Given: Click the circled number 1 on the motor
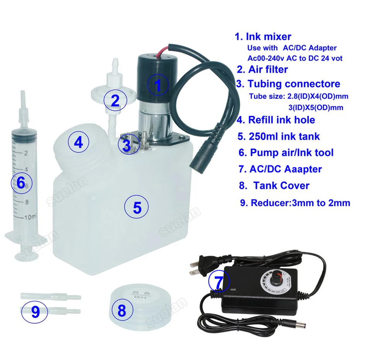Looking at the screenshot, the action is (x=158, y=85).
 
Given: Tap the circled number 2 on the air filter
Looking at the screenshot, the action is (x=115, y=101).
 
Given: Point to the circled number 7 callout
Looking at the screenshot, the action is (x=219, y=281).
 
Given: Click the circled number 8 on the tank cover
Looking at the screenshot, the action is (x=122, y=310).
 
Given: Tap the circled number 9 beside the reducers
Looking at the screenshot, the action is (x=35, y=312).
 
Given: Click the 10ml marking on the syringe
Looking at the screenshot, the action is (x=30, y=217).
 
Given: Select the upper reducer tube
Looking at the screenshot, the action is (x=51, y=296).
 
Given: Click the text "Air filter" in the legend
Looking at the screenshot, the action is (x=268, y=69).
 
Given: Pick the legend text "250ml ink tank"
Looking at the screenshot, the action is (x=284, y=136).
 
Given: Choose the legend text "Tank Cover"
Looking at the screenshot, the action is (x=281, y=186).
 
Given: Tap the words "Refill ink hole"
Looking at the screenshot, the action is (x=282, y=120).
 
